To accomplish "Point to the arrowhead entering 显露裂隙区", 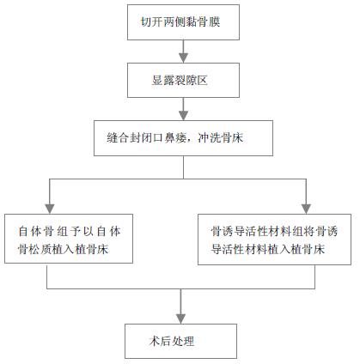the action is pos(183,58).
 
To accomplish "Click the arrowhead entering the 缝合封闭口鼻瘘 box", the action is pos(183,115).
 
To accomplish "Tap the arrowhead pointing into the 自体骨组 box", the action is pos(50,209).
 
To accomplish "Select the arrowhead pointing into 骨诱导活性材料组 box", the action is pos(306,209).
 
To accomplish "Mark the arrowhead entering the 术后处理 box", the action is pos(180,318).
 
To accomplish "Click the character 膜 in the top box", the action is pos(214,22).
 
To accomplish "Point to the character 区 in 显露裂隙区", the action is pos(202,81).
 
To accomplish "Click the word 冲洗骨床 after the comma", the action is pos(220,138).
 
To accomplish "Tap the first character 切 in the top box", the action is pos(146,22).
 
